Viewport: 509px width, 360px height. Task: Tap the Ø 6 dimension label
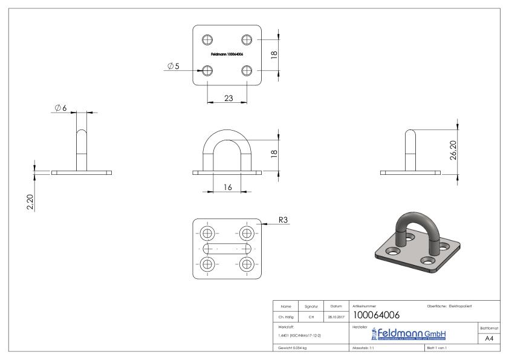(61, 107)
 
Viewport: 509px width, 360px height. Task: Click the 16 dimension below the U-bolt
(227, 187)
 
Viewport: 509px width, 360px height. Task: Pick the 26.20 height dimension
(453, 149)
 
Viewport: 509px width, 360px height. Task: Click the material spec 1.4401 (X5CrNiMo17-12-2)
(300, 335)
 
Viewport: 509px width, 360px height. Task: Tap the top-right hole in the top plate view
(247, 40)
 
